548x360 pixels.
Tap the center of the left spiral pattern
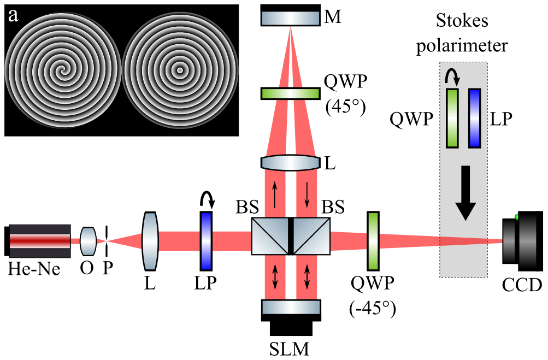click(x=63, y=70)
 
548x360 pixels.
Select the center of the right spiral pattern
click(x=180, y=70)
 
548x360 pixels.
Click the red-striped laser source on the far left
click(x=40, y=241)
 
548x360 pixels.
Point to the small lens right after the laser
click(x=88, y=241)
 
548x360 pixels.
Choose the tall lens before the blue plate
click(x=150, y=241)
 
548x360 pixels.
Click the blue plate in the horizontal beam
click(x=206, y=241)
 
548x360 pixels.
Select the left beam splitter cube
click(x=270, y=236)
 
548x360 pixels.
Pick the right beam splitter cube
click(x=311, y=236)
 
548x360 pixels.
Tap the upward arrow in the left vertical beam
click(x=274, y=194)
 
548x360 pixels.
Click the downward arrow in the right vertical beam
click(x=307, y=194)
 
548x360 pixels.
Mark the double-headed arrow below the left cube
click(x=274, y=276)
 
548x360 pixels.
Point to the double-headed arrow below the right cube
click(x=307, y=276)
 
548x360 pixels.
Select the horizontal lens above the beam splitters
click(x=291, y=163)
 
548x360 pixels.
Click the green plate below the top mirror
click(x=291, y=93)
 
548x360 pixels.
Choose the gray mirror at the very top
click(x=291, y=18)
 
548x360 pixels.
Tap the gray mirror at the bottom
click(x=291, y=307)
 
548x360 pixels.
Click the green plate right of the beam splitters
click(x=373, y=241)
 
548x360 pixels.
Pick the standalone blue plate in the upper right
click(x=475, y=118)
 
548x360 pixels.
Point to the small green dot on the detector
click(x=517, y=217)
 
